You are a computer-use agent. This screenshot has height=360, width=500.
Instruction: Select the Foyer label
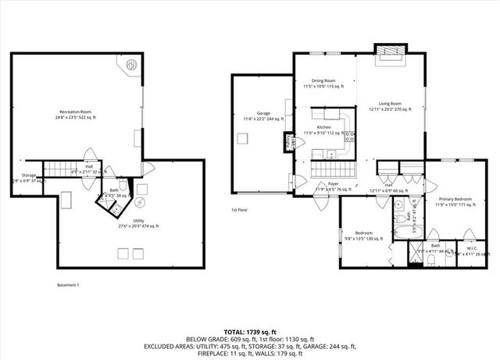pos(322,185)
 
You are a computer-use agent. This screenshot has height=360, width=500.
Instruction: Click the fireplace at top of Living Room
pos(388,52)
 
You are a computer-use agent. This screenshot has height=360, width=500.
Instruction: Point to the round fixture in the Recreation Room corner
pos(130,63)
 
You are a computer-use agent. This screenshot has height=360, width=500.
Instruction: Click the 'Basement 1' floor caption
pos(69,285)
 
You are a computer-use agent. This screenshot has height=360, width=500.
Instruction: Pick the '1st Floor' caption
pos(240,210)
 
